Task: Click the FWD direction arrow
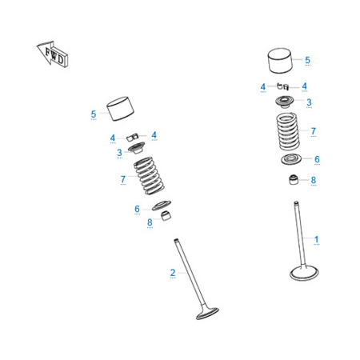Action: (53, 54)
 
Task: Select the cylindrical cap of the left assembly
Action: (120, 109)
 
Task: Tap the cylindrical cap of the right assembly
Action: (279, 61)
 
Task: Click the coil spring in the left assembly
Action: (149, 176)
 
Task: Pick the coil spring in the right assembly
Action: (288, 131)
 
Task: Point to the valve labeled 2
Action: (196, 279)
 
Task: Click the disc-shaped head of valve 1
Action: (304, 273)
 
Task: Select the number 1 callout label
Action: (316, 239)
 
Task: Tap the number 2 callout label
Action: (173, 273)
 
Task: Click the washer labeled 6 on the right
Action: (291, 159)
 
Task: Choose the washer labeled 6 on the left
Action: (162, 205)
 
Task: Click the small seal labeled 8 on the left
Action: (166, 215)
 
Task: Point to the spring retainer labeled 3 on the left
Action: (137, 148)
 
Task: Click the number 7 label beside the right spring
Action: (314, 131)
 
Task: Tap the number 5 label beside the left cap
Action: (94, 114)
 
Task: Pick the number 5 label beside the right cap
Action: (307, 60)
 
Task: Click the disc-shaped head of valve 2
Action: (207, 314)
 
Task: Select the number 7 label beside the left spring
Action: (123, 179)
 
